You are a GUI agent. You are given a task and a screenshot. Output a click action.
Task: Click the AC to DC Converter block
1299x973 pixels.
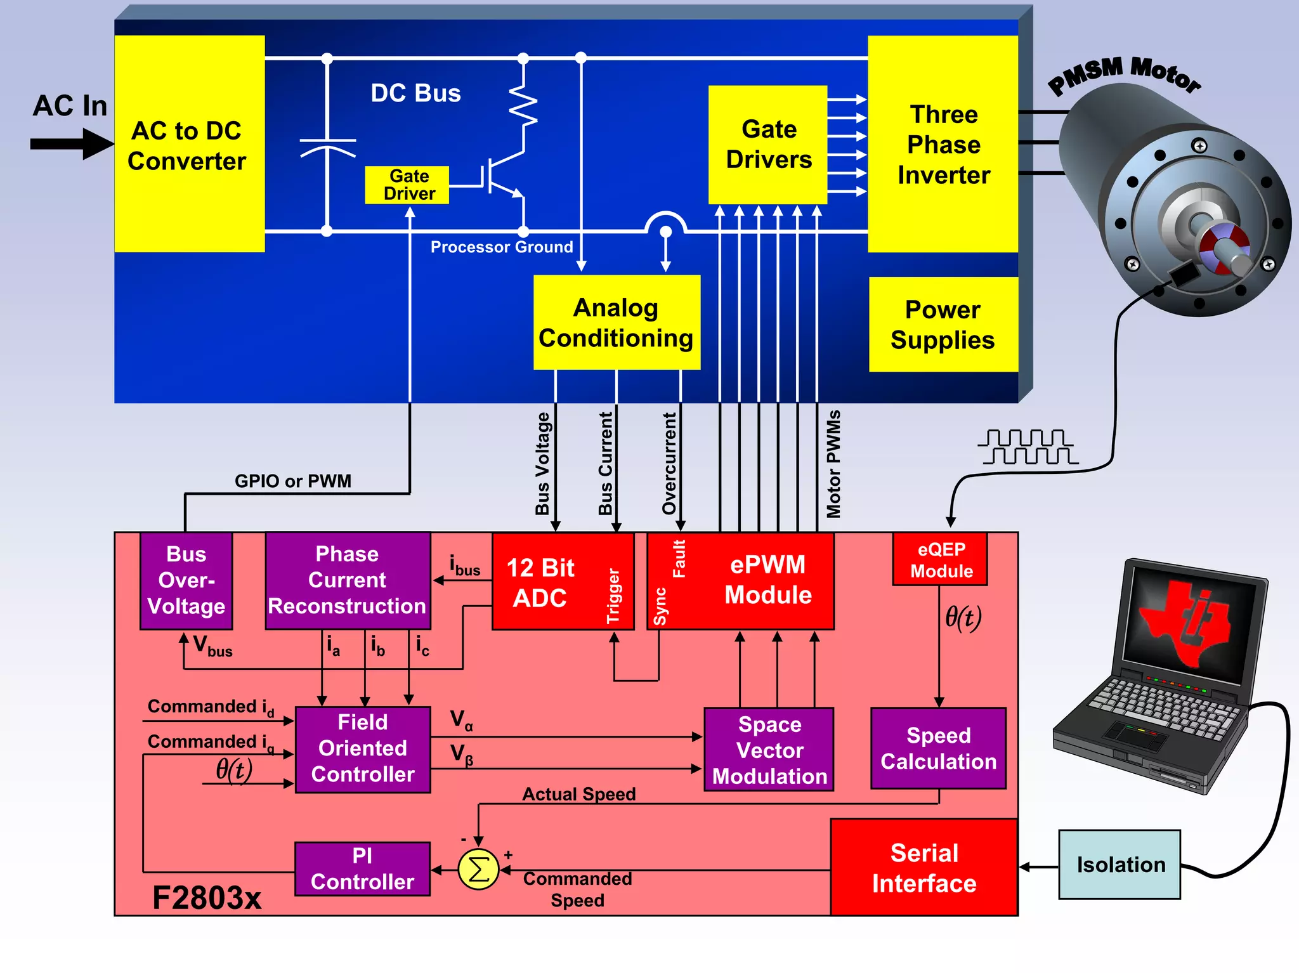189,144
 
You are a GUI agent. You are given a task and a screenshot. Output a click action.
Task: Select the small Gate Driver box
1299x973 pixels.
407,185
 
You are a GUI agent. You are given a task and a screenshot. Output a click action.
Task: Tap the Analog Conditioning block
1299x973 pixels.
617,322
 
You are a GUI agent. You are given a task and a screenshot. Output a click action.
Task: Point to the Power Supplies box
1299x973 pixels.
943,324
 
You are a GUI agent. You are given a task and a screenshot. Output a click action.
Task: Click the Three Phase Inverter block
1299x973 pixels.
943,144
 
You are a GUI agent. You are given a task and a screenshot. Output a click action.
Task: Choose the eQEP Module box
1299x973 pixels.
940,559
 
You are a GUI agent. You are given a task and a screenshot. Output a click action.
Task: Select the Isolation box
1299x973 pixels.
1119,865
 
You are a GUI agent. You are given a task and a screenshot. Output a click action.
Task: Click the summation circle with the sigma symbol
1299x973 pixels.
478,870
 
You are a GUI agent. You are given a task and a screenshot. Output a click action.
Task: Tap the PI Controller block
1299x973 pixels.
362,869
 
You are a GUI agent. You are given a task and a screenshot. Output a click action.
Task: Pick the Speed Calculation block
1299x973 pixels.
938,748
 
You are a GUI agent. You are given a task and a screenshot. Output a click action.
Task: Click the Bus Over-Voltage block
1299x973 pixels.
186,580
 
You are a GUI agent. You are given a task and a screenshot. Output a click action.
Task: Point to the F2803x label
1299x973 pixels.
207,898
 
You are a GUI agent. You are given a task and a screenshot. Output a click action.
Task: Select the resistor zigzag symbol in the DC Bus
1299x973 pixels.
523,105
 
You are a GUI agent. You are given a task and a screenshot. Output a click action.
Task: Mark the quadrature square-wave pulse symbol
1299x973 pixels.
1028,447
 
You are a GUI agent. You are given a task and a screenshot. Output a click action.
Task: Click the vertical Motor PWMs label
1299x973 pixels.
833,464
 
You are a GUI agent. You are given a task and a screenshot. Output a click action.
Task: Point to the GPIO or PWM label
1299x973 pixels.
292,481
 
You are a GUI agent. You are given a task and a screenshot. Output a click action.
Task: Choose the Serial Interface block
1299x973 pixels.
924,868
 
